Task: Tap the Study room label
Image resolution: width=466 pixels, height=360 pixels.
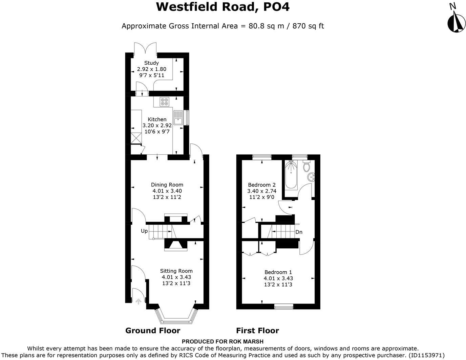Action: pyautogui.click(x=151, y=63)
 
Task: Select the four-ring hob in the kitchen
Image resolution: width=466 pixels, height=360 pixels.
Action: pyautogui.click(x=165, y=102)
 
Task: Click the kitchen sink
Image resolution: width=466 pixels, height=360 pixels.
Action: pyautogui.click(x=178, y=117)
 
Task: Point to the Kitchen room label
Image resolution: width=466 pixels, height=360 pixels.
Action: pyautogui.click(x=157, y=119)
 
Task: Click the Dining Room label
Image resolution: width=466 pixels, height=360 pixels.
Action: pyautogui.click(x=167, y=185)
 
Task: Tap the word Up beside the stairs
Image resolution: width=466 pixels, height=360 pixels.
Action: pyautogui.click(x=144, y=231)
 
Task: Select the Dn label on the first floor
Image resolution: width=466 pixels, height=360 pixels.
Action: pyautogui.click(x=299, y=232)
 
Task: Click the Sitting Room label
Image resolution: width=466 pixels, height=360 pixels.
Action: pyautogui.click(x=176, y=271)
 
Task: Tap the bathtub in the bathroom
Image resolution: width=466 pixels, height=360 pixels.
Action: pyautogui.click(x=291, y=175)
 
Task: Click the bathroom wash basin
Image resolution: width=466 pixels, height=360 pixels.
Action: pyautogui.click(x=311, y=177)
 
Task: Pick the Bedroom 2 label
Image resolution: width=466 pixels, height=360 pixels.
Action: pyautogui.click(x=261, y=185)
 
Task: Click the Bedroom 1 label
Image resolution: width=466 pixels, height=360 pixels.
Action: pyautogui.click(x=278, y=272)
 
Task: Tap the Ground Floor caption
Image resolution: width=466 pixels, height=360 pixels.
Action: pyautogui.click(x=153, y=331)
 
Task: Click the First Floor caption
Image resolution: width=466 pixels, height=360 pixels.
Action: pyautogui.click(x=257, y=331)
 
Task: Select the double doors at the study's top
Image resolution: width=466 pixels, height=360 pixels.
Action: pyautogui.click(x=145, y=48)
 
